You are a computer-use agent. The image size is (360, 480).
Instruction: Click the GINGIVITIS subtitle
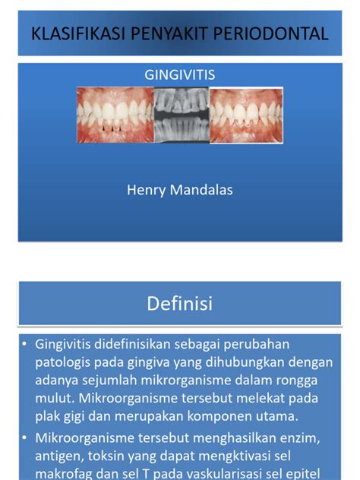180,75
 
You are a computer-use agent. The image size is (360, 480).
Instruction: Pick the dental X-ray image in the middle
181,115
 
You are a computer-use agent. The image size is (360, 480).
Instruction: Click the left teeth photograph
114,115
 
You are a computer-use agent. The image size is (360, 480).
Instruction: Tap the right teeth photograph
246,115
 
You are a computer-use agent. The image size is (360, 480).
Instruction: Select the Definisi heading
180,305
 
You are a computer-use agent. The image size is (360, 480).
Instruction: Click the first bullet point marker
26,344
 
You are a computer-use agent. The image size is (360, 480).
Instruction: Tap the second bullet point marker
26,437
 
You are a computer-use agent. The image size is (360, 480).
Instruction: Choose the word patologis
63,362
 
